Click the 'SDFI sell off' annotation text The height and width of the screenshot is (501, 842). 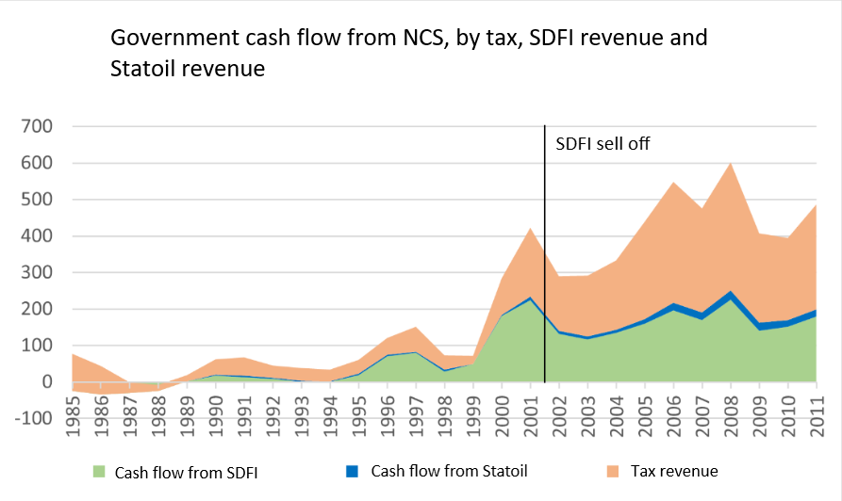tap(603, 145)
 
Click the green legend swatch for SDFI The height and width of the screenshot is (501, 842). tap(96, 471)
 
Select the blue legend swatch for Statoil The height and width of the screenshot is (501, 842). tap(353, 471)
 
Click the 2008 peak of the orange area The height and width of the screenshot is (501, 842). tap(730, 163)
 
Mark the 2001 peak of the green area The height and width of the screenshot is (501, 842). tap(530, 299)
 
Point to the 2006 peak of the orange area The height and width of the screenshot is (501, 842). tap(673, 182)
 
